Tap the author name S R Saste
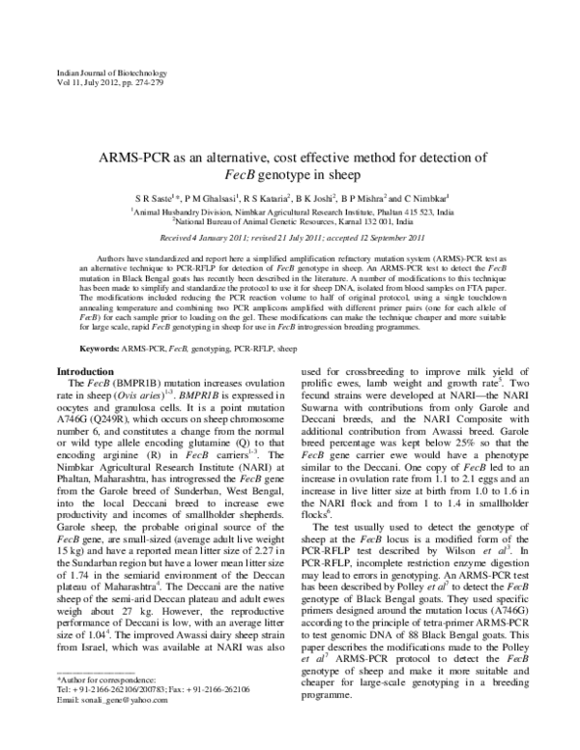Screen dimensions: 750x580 tap(151, 197)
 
